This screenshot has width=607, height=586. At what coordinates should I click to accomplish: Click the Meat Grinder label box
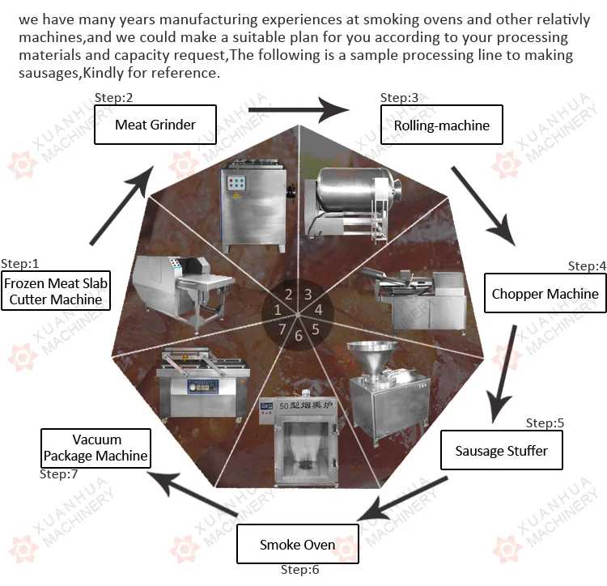(x=155, y=125)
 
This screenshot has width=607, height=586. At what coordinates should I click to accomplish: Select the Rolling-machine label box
(x=442, y=125)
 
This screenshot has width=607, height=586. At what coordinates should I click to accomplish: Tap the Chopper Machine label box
(x=545, y=294)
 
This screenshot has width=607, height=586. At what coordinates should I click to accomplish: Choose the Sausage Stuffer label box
(x=501, y=450)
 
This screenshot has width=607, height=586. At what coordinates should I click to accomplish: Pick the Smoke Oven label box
(x=297, y=544)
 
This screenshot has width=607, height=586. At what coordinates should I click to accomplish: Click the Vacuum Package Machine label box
(x=96, y=448)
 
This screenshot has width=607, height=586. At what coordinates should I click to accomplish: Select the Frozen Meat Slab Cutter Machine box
(x=55, y=291)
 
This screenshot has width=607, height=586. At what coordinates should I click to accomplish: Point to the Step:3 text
(x=400, y=98)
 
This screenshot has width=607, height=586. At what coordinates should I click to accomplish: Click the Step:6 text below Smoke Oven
(x=300, y=570)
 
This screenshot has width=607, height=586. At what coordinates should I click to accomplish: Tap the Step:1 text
(x=20, y=263)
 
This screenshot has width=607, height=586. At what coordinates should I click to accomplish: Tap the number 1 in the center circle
(x=278, y=310)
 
